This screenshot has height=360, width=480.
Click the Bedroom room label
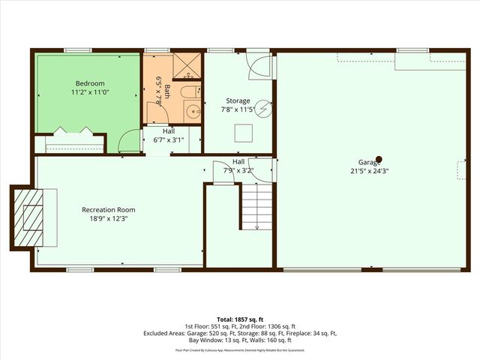point(90,83)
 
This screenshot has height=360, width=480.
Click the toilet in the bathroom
point(190,93)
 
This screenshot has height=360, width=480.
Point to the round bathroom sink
point(193,112)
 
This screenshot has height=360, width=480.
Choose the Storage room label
point(238,100)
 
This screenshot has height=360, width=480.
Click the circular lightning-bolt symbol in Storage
point(263,108)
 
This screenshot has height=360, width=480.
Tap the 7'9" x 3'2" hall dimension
point(238,170)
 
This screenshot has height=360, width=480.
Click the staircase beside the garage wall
point(256,206)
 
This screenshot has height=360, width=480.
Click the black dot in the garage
point(379,158)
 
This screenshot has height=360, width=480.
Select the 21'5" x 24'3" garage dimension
point(373,171)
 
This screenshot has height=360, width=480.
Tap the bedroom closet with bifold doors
point(69,139)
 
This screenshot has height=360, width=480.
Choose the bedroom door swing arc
point(130,141)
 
